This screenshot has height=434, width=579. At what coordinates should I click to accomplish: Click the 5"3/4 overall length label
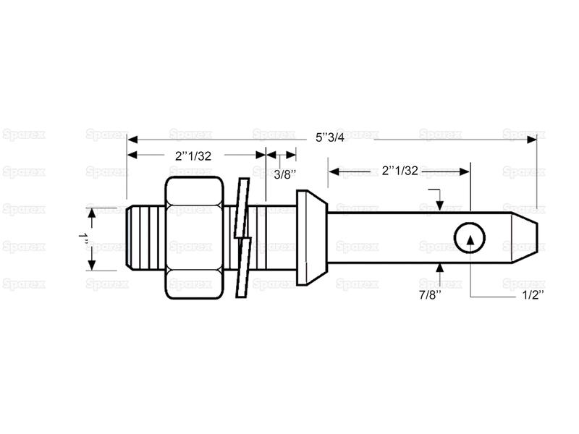tap(330, 137)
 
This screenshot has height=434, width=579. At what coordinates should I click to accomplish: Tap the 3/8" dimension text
tap(284, 174)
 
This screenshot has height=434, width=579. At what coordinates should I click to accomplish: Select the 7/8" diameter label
tap(431, 295)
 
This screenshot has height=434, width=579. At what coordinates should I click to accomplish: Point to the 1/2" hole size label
tap(533, 295)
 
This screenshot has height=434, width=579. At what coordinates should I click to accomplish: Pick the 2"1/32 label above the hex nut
tap(193, 156)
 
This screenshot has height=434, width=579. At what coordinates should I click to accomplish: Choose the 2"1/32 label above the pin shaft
tap(400, 170)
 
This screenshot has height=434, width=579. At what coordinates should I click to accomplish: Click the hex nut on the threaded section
tap(194, 238)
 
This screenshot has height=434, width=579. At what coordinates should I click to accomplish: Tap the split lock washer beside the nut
tap(243, 238)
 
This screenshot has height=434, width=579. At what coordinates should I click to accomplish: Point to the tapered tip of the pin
tap(524, 238)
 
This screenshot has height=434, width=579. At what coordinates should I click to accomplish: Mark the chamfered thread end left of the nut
tap(130, 238)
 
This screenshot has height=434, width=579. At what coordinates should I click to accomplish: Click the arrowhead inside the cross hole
tap(470, 240)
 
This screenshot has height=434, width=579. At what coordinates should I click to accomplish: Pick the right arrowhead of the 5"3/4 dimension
tap(532, 140)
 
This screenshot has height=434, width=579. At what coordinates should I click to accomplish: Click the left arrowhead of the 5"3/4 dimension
tap(132, 140)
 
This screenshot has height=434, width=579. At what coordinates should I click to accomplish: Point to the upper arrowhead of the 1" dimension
tap(92, 213)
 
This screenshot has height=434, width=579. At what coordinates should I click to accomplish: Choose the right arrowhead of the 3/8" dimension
tap(291, 155)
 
